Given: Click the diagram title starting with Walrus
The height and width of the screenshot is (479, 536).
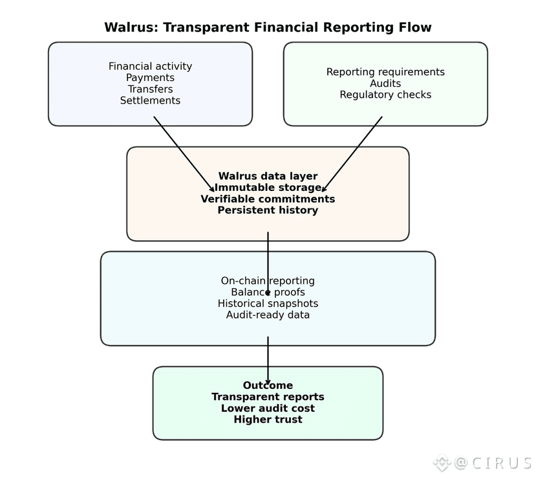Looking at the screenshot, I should click(268, 27).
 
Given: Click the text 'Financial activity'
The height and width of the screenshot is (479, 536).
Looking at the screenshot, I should click(150, 66).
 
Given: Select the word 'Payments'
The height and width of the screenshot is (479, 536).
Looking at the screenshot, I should click(150, 78).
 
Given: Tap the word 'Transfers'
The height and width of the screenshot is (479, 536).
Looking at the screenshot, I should click(150, 89).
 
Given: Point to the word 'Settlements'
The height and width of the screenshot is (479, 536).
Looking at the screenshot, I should click(150, 100).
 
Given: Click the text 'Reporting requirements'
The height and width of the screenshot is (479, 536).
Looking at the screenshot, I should click(385, 72).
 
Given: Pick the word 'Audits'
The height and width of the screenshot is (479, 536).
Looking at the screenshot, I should click(385, 84).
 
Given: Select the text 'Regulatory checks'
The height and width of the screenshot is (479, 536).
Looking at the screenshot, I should click(385, 95).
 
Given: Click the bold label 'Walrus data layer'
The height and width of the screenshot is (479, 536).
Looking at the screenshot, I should click(268, 176).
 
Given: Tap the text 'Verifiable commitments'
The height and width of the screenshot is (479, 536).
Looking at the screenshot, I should click(268, 199).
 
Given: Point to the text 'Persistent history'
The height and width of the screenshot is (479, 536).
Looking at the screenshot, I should click(268, 210).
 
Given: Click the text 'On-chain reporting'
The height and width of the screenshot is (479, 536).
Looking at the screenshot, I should click(268, 281).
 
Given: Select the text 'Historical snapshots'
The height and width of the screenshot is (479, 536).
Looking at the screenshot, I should click(268, 304).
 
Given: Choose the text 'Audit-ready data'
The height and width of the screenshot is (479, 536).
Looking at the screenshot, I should click(268, 315).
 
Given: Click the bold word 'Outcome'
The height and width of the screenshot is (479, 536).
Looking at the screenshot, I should click(268, 386).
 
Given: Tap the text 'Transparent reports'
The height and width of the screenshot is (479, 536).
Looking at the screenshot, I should click(268, 397).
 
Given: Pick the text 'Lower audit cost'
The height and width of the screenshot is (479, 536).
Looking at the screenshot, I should click(268, 408).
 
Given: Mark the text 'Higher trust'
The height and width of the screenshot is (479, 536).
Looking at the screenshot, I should click(268, 419).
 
